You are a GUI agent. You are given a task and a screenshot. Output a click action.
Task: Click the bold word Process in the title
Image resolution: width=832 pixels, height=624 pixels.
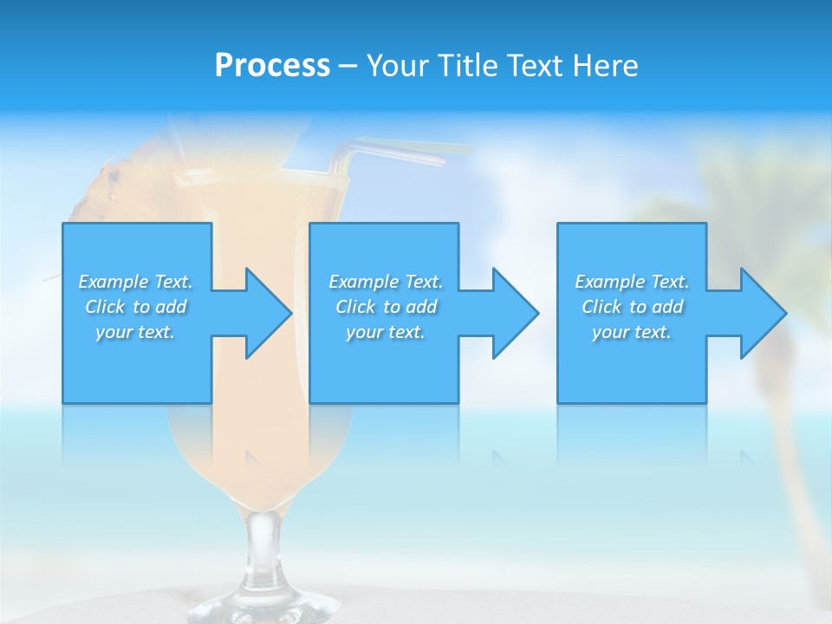tap(272, 66)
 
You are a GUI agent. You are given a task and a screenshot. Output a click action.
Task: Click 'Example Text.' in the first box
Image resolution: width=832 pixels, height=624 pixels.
tap(135, 282)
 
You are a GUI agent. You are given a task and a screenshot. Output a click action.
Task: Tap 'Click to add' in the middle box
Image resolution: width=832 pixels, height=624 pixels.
tap(386, 307)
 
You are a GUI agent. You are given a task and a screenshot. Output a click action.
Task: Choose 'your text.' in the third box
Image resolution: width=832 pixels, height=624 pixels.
tap(632, 332)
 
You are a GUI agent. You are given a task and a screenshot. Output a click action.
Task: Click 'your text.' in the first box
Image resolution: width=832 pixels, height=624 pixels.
tap(135, 332)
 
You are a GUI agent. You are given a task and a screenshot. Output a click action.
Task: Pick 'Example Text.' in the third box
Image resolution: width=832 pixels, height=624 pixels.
tap(632, 282)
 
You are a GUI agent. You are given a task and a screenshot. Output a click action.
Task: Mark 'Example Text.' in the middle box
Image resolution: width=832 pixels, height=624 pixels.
tap(386, 282)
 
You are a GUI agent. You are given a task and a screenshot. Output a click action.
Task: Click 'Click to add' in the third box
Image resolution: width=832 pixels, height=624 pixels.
tap(632, 307)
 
